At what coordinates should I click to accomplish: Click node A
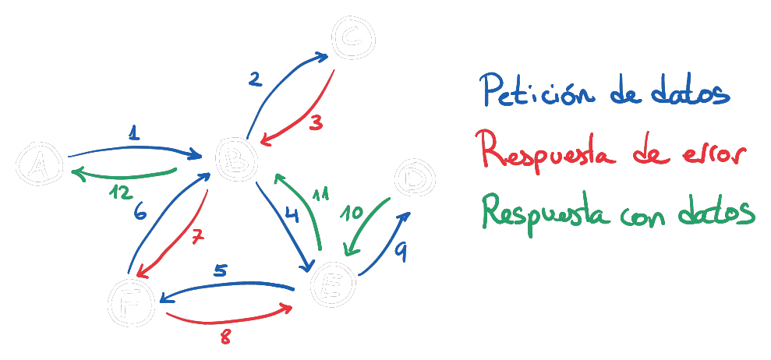pos(37,165)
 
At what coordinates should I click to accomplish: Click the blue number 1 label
pos(134,134)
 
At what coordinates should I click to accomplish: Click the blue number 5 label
pos(221,271)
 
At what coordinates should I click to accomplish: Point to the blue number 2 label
pos(253,79)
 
